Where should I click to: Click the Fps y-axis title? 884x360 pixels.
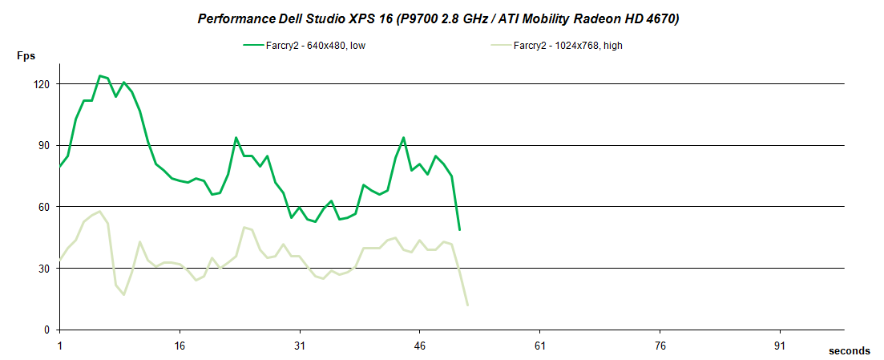point(26,56)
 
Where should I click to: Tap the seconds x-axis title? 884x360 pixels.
point(850,351)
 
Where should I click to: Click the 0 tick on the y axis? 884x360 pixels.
point(47,330)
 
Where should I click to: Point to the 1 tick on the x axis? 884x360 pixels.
point(60,346)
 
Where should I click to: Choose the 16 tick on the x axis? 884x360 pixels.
point(180,346)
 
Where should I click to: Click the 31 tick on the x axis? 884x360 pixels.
point(300,346)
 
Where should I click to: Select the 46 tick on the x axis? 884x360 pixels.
point(420,346)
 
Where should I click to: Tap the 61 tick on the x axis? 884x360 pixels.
point(540,346)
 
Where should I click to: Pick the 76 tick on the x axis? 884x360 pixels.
point(660,346)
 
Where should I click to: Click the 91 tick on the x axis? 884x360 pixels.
point(780,346)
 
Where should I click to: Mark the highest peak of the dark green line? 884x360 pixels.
point(100,76)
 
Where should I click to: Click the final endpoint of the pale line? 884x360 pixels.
point(467,305)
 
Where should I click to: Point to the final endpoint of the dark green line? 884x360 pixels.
point(459,230)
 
